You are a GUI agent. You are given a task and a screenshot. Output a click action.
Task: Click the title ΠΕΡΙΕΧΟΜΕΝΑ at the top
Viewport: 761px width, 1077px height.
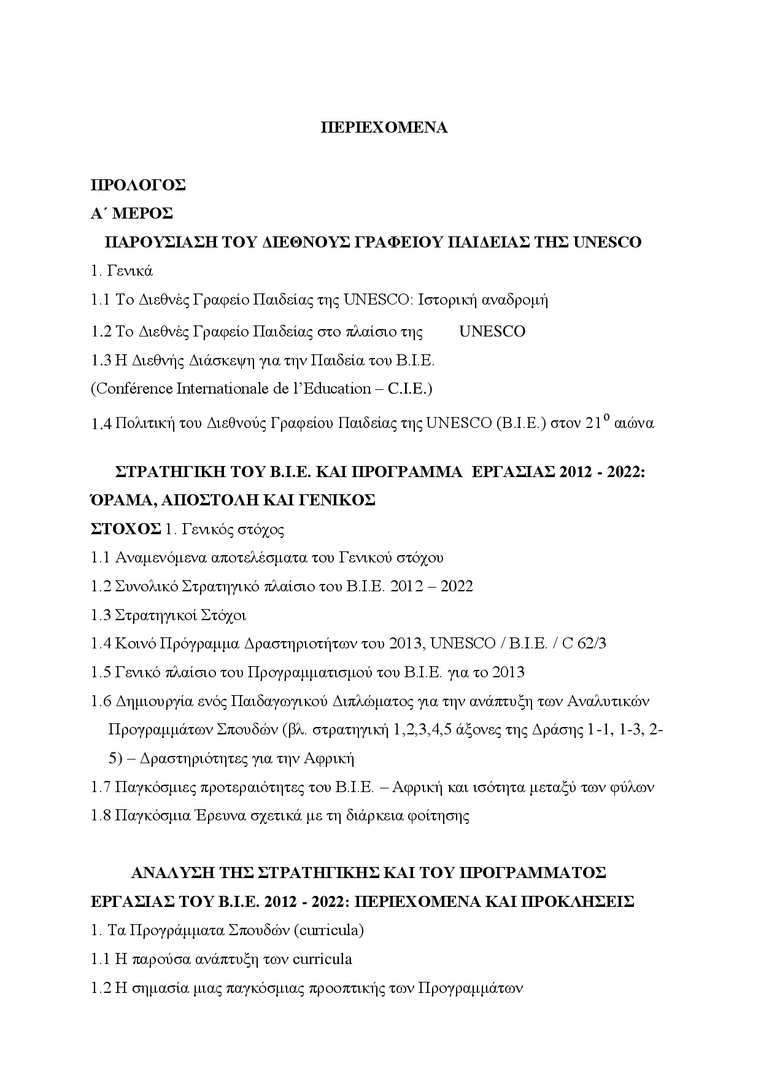[x=385, y=128]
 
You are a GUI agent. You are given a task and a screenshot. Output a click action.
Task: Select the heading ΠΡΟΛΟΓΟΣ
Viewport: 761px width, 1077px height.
[x=138, y=185]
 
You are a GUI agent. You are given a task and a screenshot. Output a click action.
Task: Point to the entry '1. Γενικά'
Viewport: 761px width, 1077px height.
[x=122, y=271]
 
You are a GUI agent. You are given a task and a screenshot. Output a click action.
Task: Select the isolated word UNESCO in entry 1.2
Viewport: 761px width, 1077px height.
[x=492, y=332]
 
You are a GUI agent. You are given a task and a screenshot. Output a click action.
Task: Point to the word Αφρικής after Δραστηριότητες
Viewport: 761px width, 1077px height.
[x=330, y=758]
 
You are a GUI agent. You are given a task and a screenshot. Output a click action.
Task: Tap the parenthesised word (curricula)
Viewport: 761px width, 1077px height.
[x=328, y=930]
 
